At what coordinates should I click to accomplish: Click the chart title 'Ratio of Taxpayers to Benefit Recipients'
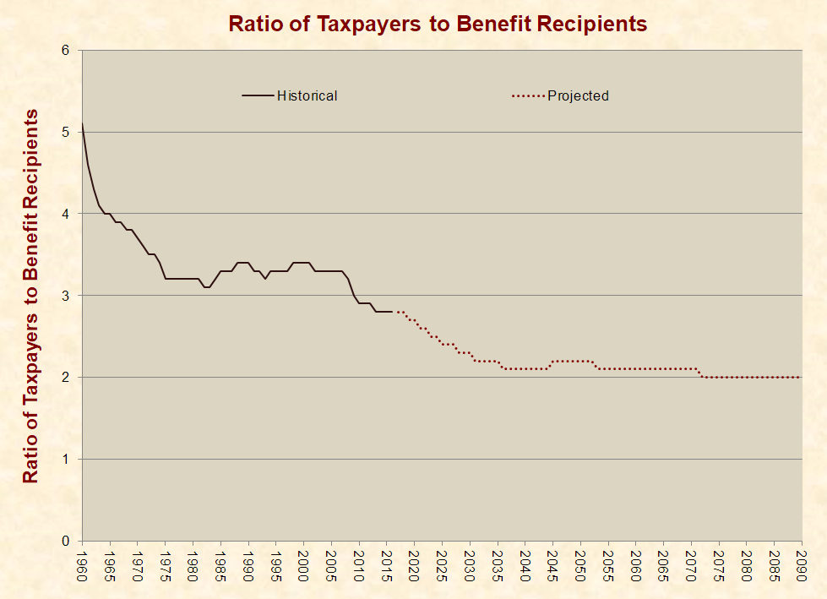438,24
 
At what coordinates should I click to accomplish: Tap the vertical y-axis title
30,296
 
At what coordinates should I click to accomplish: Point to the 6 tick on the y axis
65,51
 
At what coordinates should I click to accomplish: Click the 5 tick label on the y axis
65,133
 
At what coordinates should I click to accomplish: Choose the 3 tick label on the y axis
65,296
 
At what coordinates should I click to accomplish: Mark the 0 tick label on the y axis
65,541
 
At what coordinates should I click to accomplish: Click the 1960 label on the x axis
82,564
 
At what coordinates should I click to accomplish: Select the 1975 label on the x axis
166,564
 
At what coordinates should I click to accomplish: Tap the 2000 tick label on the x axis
303,564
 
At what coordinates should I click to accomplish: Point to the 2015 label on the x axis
387,564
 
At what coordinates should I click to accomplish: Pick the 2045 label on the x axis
552,564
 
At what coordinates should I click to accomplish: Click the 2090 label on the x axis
802,564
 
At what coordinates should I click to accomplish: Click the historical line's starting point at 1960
82,125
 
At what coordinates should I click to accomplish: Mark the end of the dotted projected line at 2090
801,377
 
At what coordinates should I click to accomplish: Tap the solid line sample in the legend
258,95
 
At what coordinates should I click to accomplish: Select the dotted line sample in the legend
527,95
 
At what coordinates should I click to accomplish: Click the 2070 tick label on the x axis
691,564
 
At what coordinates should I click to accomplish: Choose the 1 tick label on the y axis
65,459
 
